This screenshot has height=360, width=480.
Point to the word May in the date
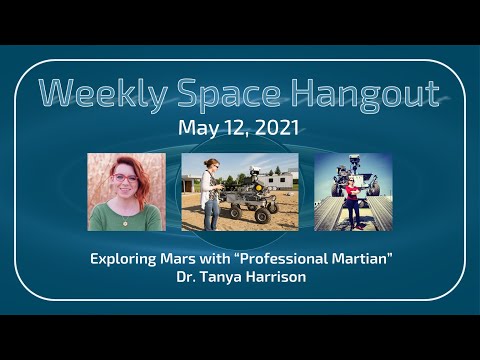tap(196, 128)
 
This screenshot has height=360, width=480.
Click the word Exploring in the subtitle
tap(125, 258)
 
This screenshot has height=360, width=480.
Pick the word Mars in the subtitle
tap(184, 258)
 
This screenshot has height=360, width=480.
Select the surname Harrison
tap(286, 276)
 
